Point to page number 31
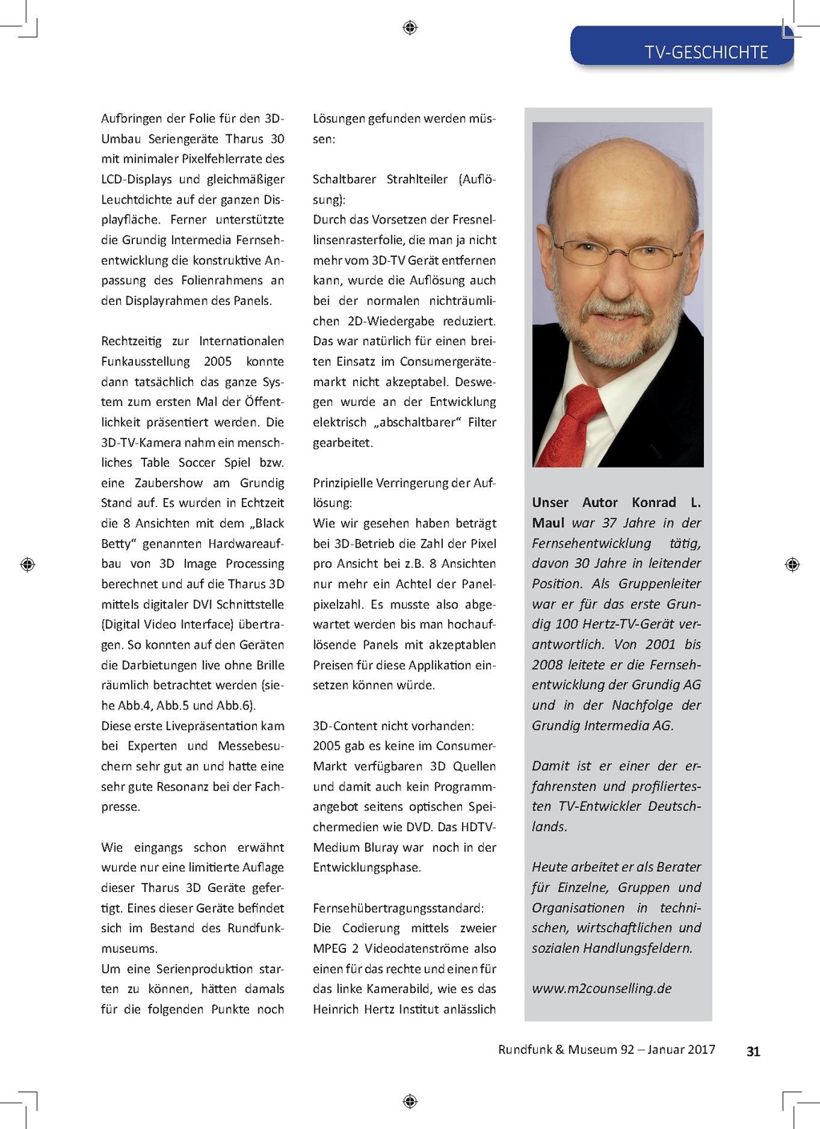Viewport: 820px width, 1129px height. [753, 1051]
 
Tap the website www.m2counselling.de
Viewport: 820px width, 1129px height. [601, 988]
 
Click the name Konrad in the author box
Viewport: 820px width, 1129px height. [653, 503]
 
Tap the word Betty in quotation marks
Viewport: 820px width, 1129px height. [118, 544]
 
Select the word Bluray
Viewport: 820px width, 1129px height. [381, 847]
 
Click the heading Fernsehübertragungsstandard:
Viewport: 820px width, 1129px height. [398, 908]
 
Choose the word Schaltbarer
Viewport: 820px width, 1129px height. [344, 179]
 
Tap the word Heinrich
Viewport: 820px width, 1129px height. [336, 1010]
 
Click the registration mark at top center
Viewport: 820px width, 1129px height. [410, 28]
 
